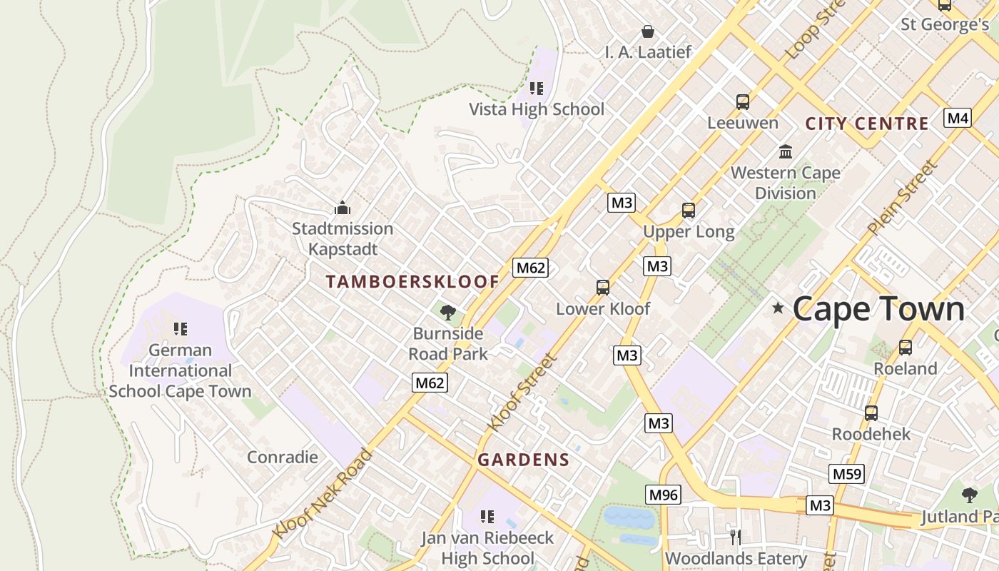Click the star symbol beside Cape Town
coord(778,308)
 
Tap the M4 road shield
coord(957,118)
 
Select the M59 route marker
coord(847,474)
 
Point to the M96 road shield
coord(664,495)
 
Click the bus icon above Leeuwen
coord(743,102)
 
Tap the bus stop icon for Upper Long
coord(689,211)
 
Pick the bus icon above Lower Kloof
coord(603,288)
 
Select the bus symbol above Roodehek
coord(871,413)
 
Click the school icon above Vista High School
coord(537,89)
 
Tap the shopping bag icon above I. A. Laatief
coord(648,31)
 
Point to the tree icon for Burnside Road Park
coord(448,312)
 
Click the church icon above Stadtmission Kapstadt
coord(343,208)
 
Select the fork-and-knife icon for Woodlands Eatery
coord(736,537)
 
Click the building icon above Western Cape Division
coord(786,151)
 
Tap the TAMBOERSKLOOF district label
coord(412,282)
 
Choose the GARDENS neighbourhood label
coord(524,460)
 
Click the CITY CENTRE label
coord(867,123)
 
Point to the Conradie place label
coord(283,457)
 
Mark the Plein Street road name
coord(901,198)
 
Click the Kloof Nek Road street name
coord(323,494)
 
